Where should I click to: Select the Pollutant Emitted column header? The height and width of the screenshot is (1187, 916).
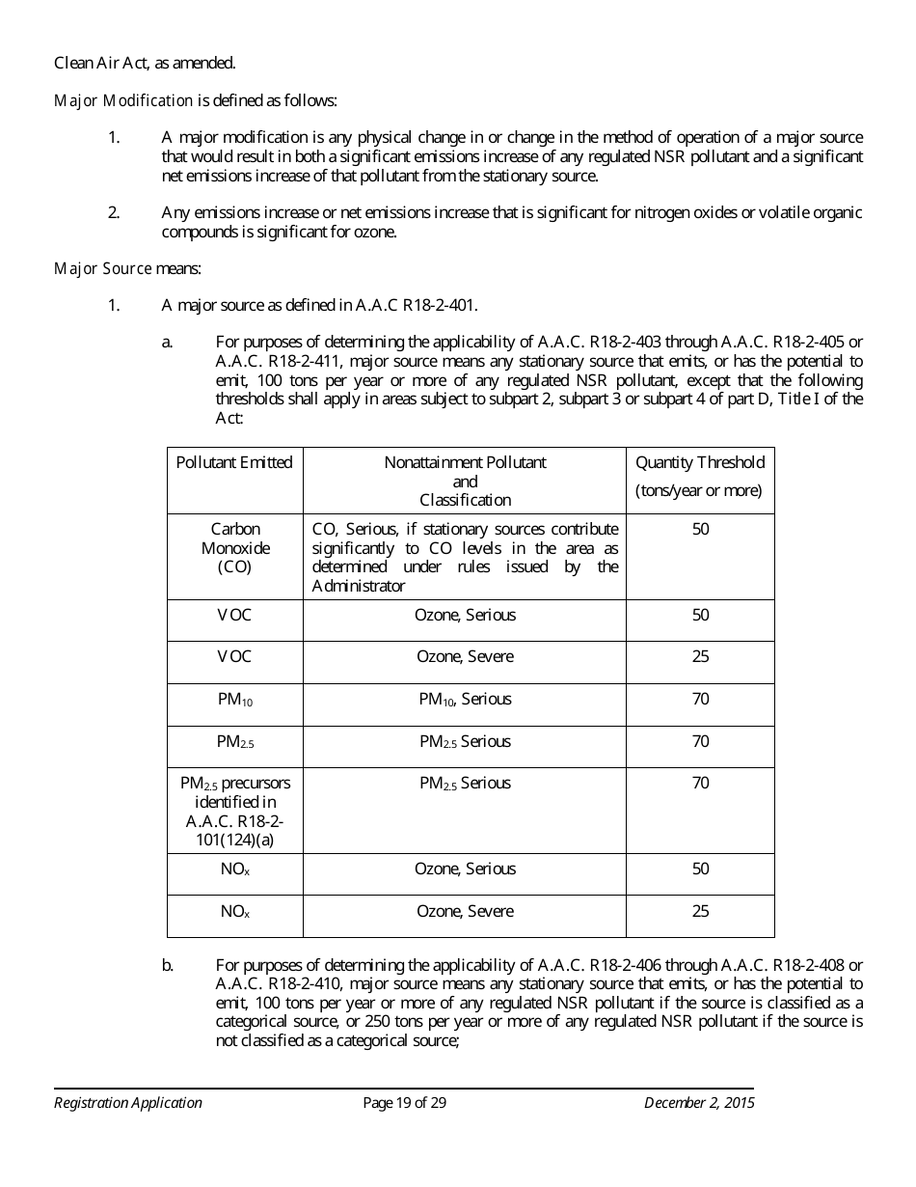pyautogui.click(x=234, y=463)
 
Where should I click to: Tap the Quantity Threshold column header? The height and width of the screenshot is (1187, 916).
pyautogui.click(x=699, y=463)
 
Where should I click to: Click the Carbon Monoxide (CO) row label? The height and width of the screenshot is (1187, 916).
pyautogui.click(x=234, y=548)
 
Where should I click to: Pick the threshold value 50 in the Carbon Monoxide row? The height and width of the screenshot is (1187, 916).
pyautogui.click(x=700, y=530)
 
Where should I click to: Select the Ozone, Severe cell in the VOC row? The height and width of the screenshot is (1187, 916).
pyautogui.click(x=465, y=657)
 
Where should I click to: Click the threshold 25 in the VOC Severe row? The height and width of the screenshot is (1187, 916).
pyautogui.click(x=700, y=657)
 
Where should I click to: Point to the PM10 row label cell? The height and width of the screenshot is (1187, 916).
pyautogui.click(x=234, y=700)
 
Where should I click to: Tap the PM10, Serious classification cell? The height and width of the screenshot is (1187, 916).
pyautogui.click(x=465, y=700)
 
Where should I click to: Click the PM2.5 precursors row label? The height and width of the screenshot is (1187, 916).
pyautogui.click(x=234, y=811)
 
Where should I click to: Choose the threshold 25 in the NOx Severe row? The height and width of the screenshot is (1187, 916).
pyautogui.click(x=700, y=912)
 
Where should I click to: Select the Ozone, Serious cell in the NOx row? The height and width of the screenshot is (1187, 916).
pyautogui.click(x=465, y=870)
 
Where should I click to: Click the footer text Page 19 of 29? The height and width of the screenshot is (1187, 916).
pyautogui.click(x=404, y=1103)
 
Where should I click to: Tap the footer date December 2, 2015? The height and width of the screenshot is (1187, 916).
pyautogui.click(x=699, y=1103)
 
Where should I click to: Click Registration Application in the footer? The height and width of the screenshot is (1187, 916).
pyautogui.click(x=128, y=1103)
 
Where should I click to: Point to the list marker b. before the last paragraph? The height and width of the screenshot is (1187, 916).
pyautogui.click(x=168, y=965)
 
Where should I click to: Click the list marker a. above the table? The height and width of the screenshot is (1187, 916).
pyautogui.click(x=168, y=342)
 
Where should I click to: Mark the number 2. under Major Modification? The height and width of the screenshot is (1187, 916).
pyautogui.click(x=114, y=213)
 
